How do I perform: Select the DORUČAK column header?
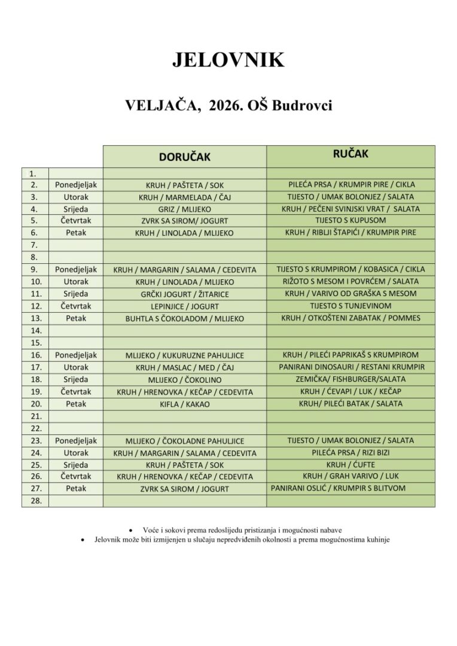click(184, 157)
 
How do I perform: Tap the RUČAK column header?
click(351, 154)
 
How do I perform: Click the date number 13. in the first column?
click(35, 318)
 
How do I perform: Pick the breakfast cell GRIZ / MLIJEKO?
click(184, 209)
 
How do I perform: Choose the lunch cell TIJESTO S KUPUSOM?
click(351, 220)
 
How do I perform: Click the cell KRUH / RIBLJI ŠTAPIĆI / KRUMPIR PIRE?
click(351, 233)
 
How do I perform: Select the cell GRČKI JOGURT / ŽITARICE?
click(184, 294)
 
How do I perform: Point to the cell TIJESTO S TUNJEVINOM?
click(351, 306)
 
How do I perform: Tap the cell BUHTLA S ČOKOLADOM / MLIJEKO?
click(184, 319)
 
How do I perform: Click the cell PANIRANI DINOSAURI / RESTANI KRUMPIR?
click(351, 367)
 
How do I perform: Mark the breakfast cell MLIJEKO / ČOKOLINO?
click(184, 380)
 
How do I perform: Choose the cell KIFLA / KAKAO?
click(184, 404)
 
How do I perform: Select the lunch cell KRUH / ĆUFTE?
click(351, 465)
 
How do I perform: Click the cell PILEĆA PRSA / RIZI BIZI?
click(351, 453)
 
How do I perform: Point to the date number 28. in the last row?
click(35, 501)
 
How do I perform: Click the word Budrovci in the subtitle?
click(302, 106)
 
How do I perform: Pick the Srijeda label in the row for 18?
click(75, 379)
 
